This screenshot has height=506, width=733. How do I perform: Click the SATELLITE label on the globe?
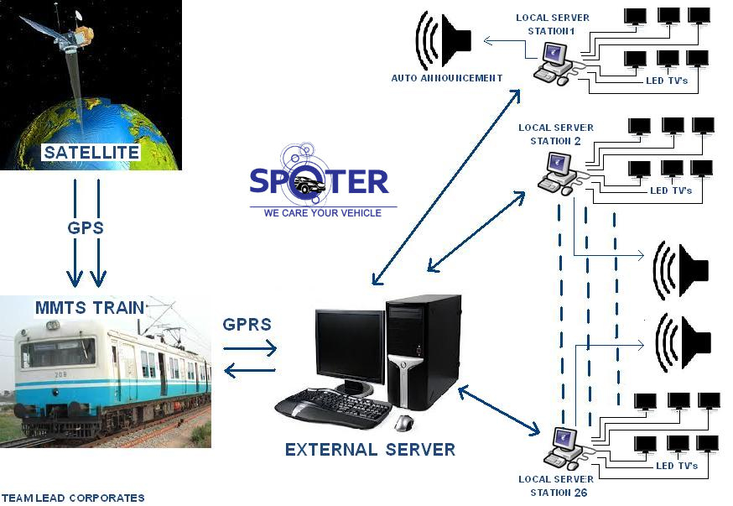click(x=91, y=153)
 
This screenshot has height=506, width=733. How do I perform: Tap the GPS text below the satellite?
click(x=86, y=227)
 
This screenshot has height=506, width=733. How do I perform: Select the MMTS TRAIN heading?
click(x=89, y=307)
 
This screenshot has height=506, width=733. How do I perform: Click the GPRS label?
click(x=247, y=324)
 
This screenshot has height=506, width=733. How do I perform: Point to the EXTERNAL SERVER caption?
click(x=370, y=449)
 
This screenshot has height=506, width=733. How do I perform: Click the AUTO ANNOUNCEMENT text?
click(x=446, y=78)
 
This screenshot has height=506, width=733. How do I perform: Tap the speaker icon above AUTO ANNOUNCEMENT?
click(x=444, y=40)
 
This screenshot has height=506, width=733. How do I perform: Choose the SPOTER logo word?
click(x=320, y=182)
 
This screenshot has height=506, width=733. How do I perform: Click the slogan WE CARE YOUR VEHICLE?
click(x=322, y=213)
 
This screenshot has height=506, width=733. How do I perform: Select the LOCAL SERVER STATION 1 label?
click(x=552, y=23)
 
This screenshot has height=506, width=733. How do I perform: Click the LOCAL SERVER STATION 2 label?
click(x=555, y=134)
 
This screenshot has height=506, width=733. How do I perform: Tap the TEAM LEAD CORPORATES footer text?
click(x=73, y=498)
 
